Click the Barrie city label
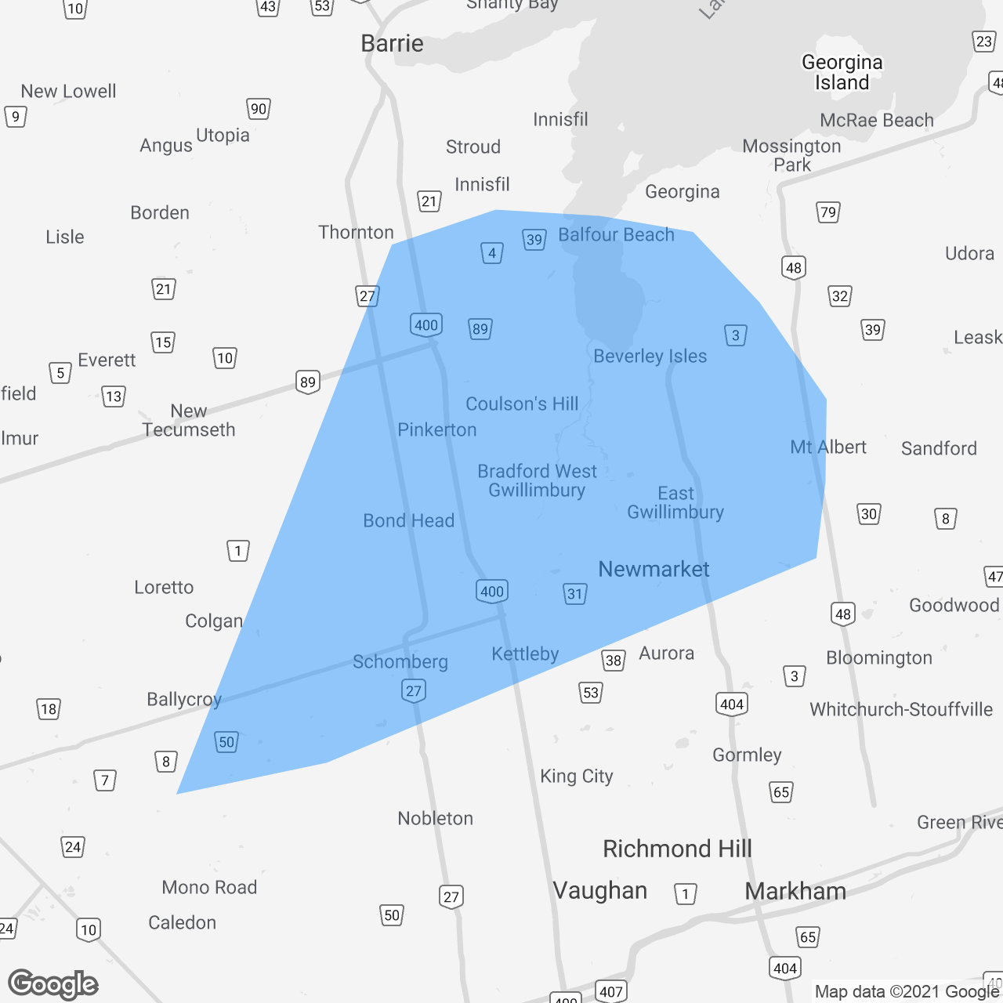392,44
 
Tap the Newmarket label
654,570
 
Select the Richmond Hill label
677,849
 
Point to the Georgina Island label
842,72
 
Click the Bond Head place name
408,521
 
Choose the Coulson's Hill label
522,404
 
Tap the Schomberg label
400,662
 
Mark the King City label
576,777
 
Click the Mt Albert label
827,447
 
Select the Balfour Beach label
616,235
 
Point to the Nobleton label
435,819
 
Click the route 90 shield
258,109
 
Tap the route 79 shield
827,212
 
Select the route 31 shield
575,594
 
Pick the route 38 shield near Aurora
614,661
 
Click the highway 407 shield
610,991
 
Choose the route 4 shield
491,253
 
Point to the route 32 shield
839,296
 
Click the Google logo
53,984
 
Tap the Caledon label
182,923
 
